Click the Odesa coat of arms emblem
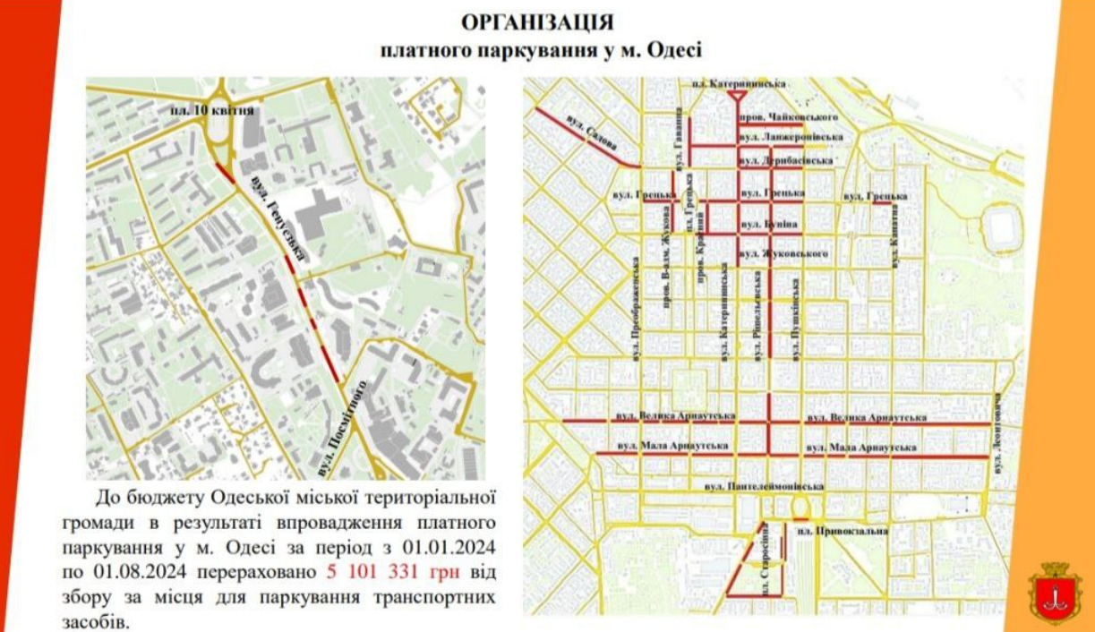1053,593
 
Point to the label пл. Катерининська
740,82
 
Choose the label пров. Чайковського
788,117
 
